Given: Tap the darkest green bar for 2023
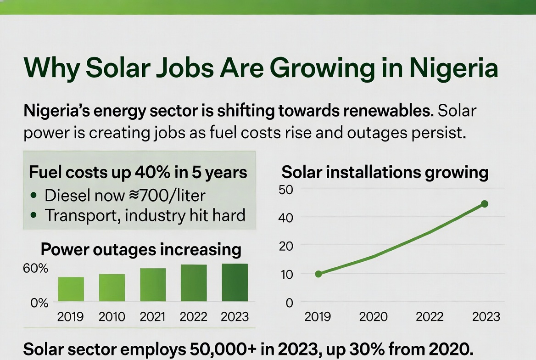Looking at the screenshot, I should pos(234,282).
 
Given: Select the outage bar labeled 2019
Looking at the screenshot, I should pos(71,289).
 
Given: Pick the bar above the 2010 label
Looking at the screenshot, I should pos(112,287).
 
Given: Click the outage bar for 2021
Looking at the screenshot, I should pos(153,284).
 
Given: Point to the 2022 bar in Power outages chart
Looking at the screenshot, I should pos(194,283).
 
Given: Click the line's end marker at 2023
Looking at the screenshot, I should pos(484,204).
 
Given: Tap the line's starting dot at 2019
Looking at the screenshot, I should pos(318,274).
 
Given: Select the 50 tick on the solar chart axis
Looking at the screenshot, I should pos(285,189).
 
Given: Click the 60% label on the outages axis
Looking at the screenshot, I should pos(35,268).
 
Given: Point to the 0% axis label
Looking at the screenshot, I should pos(39,303).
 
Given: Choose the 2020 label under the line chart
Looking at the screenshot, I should pos(373,317).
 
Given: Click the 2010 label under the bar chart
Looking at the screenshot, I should pos(112,317).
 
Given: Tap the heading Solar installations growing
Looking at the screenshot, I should pos(385,173).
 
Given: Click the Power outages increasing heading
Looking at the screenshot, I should pos(141,249).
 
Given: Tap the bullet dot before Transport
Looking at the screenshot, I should pos(33,215).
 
